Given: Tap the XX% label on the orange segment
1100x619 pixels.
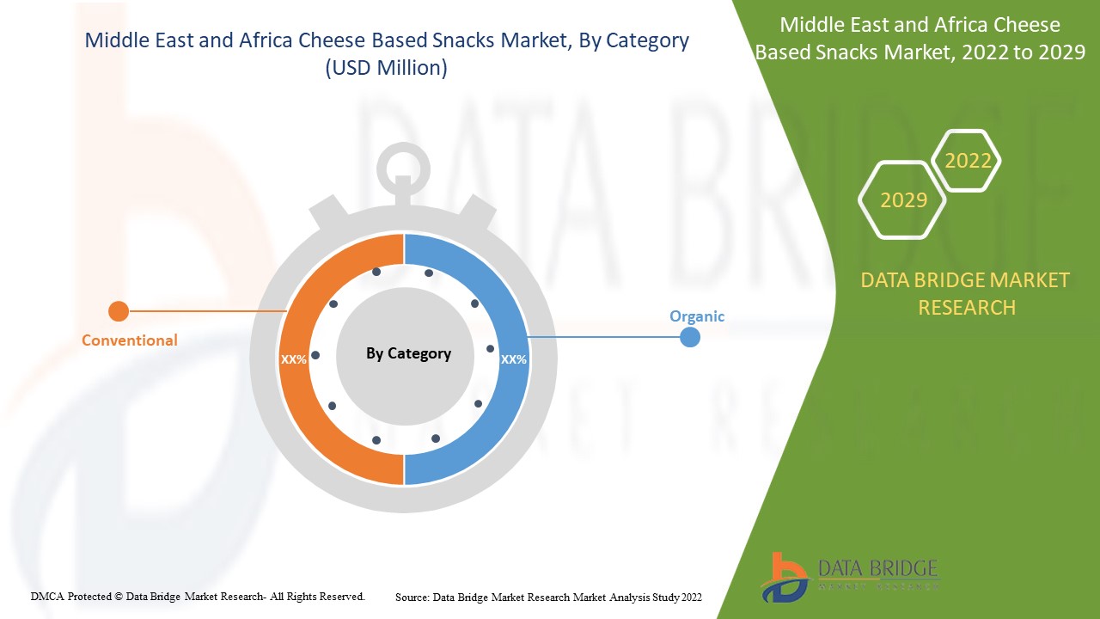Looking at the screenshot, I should click(x=294, y=359).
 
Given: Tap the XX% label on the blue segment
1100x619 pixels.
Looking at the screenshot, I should click(x=514, y=359).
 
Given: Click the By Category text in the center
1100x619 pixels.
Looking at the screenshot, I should click(x=408, y=353).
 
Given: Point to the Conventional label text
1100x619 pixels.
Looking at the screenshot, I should click(x=130, y=340).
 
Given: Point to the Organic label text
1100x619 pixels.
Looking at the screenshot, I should click(x=697, y=316).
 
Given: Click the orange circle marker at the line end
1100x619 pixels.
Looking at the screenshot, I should click(x=119, y=311).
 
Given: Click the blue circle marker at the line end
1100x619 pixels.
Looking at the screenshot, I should click(x=689, y=337).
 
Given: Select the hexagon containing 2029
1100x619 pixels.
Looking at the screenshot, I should click(x=903, y=200).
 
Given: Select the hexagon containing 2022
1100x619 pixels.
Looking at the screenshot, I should click(x=968, y=161).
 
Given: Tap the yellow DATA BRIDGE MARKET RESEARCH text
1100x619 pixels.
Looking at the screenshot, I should click(x=966, y=293).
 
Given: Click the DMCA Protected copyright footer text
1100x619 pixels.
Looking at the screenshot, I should click(x=198, y=596).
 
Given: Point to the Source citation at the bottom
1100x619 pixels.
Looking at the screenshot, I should click(x=548, y=597).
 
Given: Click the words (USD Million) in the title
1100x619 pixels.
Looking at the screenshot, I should click(x=386, y=68).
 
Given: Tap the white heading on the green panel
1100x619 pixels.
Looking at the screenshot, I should click(x=920, y=39).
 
